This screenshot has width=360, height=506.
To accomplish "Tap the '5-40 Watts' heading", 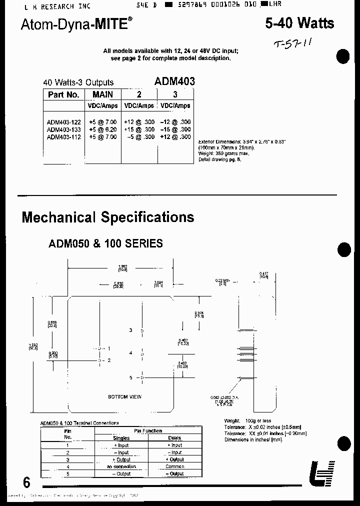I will pos(298,22).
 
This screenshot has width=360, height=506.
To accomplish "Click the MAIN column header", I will pos(102,94).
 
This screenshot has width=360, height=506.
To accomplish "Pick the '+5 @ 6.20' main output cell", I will pos(102,129).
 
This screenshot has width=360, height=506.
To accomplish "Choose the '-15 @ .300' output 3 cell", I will pos(175,129).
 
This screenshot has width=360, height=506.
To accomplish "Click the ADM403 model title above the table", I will pos(174,81).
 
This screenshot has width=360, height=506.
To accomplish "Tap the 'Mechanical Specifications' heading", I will pos(108,217).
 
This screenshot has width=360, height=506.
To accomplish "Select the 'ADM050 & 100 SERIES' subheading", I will pos(105,243).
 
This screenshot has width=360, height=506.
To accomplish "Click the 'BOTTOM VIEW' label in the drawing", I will pos(124,396).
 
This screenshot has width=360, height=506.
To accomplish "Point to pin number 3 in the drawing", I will pos(130,330).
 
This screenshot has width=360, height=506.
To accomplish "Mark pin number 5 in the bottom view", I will pos(130,377).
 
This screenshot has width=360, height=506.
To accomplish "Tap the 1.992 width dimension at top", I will pos(122,266).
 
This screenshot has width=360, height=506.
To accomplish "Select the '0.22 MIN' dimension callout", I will pos(222,280).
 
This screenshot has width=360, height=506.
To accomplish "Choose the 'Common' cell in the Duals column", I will pos(175,466).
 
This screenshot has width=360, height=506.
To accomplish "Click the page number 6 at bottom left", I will pos(26,482).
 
